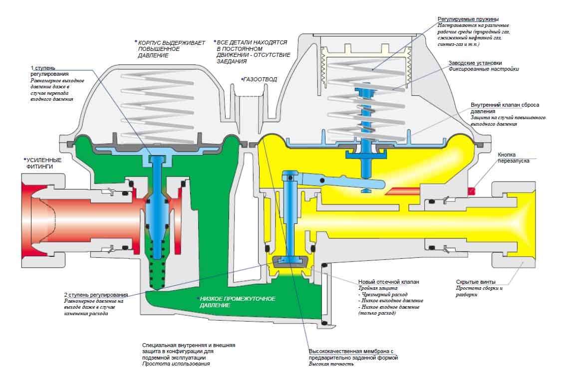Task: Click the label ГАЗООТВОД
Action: tap(260, 79)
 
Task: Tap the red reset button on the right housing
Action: tap(471, 191)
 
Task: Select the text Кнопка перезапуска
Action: tap(513, 158)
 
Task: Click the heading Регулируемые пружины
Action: tap(468, 19)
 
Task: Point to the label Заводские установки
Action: tap(475, 63)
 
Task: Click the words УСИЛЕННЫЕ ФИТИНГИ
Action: tap(43, 163)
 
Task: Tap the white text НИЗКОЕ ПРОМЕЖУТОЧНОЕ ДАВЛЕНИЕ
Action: tap(237, 302)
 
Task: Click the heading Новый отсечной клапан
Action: tap(388, 282)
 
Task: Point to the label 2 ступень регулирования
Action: tap(96, 295)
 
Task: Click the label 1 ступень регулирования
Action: tap(49, 71)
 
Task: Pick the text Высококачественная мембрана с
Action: tap(351, 351)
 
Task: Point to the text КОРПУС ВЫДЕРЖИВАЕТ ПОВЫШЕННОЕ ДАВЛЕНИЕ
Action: tap(171, 49)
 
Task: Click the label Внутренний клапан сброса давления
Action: tap(505, 108)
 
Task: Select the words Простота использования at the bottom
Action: tap(176, 364)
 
